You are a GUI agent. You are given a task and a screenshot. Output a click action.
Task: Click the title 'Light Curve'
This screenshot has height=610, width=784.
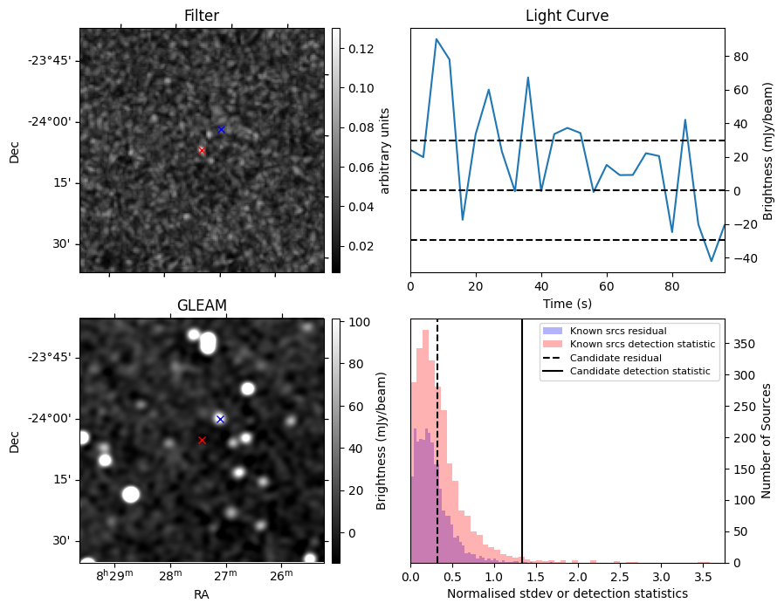click(567, 16)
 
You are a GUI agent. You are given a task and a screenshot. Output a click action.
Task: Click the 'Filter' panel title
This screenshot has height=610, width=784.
click(202, 16)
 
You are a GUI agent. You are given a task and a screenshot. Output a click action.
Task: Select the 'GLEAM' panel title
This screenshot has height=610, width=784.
click(202, 305)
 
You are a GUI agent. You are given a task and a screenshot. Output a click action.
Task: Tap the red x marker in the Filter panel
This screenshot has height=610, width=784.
click(202, 150)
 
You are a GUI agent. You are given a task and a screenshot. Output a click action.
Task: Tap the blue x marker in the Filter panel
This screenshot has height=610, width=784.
click(221, 129)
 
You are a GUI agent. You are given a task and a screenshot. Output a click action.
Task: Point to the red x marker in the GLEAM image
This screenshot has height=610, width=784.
click(202, 440)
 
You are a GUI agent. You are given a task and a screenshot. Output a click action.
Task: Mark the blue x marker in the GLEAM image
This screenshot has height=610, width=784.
click(220, 419)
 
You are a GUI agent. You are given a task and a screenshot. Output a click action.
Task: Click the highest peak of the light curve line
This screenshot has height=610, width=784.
click(437, 39)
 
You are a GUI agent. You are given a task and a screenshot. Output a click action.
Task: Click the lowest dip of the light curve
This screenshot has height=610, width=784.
click(712, 261)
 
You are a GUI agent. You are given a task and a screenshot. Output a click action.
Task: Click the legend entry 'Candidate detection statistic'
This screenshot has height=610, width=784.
click(638, 372)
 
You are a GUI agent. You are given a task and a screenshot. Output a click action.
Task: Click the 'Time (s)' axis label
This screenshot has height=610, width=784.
click(567, 303)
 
